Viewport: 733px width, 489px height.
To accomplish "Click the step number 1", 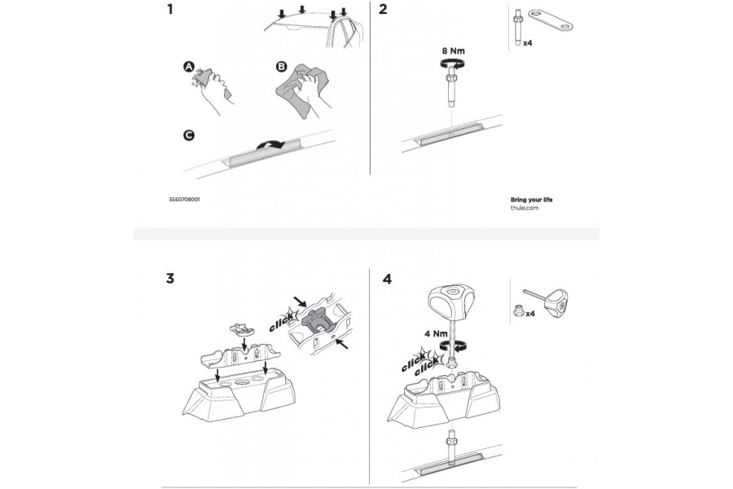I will point(170,11).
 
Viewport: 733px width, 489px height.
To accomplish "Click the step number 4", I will point(387,279).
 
